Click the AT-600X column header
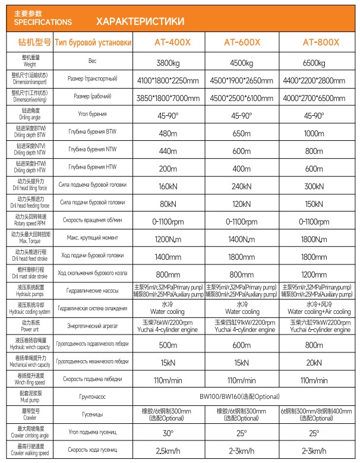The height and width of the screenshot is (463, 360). point(242,43)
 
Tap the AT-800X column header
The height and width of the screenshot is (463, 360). point(321,43)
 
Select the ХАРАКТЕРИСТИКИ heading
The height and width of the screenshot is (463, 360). point(140,21)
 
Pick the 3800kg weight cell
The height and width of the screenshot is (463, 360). point(172,62)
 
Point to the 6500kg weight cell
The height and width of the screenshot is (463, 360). point(314,62)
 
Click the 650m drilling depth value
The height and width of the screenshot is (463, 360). point(242,134)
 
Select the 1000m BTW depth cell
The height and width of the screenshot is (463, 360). point(314,134)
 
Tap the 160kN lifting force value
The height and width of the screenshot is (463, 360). point(172,186)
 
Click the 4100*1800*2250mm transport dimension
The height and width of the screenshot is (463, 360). point(172,79)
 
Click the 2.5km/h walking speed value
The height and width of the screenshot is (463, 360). point(172,451)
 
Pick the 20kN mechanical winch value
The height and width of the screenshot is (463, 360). point(314,362)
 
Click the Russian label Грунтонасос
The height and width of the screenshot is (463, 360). point(92,395)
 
